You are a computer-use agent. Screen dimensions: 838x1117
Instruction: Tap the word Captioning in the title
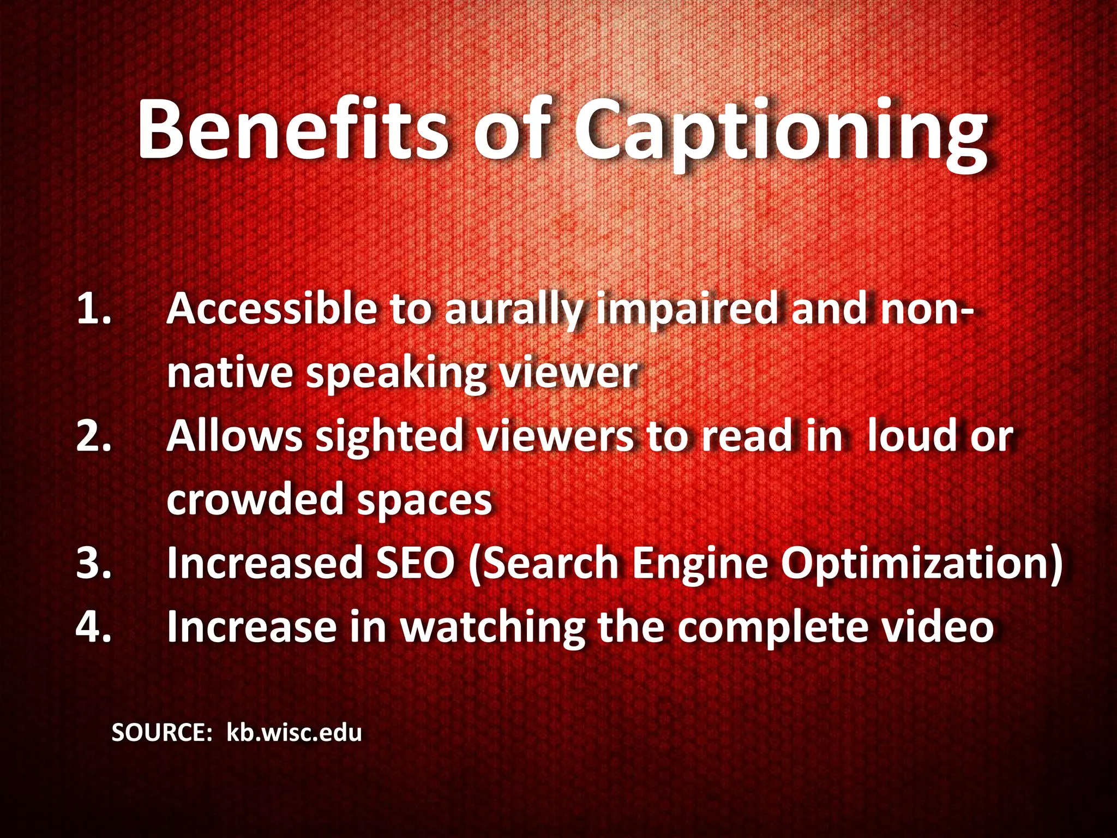(x=780, y=134)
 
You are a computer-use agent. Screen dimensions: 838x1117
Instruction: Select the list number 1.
(x=93, y=309)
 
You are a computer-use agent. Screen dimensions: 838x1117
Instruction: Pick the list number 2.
(x=94, y=436)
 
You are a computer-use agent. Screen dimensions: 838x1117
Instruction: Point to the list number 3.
(x=94, y=563)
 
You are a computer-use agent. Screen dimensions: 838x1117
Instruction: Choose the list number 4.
(x=94, y=626)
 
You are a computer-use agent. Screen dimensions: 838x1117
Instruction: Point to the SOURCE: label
(x=161, y=732)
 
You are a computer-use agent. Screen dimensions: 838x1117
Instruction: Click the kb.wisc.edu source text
(x=294, y=732)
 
